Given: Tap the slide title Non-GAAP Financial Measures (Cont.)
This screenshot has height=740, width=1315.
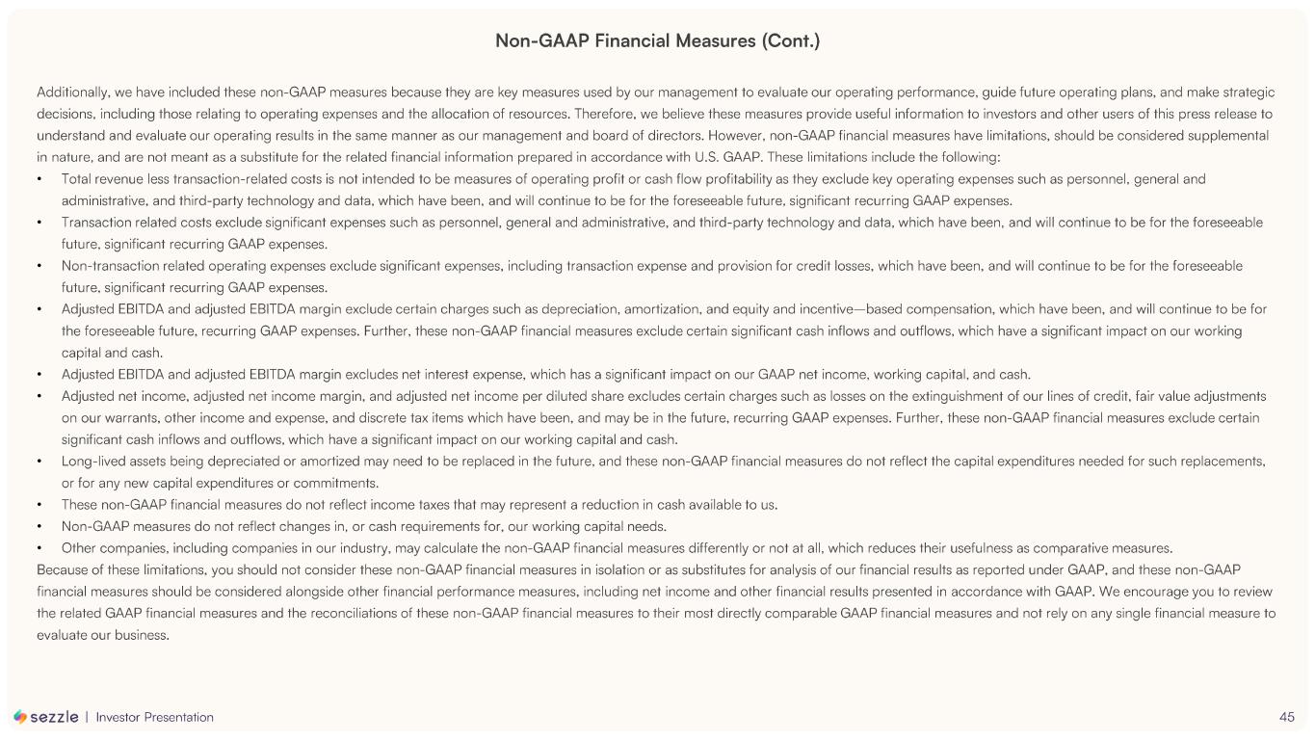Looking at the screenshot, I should click(657, 40).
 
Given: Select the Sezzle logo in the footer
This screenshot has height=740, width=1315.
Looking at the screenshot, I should click(46, 717).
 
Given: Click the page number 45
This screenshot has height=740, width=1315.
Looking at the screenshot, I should click(1287, 717).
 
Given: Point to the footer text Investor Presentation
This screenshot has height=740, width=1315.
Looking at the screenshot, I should click(155, 717).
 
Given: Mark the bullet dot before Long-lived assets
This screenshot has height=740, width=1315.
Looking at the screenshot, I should click(39, 461).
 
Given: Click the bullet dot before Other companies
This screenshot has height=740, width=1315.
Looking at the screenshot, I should click(39, 548).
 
